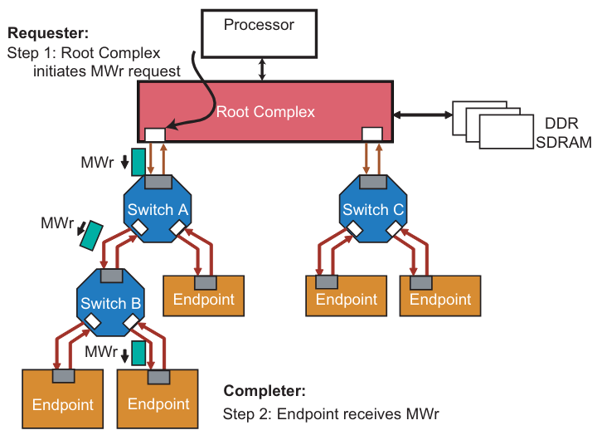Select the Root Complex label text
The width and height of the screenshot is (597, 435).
(x=265, y=112)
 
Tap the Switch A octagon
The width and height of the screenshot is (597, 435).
(x=157, y=211)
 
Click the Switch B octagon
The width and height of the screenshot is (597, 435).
(x=111, y=303)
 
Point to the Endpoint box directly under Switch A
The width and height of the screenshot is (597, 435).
(x=204, y=298)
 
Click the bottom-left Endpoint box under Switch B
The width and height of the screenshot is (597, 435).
(x=63, y=402)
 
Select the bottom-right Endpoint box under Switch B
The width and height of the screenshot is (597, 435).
(x=158, y=402)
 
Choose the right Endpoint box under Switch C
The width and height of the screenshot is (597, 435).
(x=440, y=298)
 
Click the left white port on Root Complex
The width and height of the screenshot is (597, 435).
(x=154, y=134)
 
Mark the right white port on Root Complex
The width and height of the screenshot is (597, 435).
(x=372, y=134)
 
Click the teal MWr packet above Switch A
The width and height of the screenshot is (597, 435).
(x=138, y=161)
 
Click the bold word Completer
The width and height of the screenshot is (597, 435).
(x=265, y=390)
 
